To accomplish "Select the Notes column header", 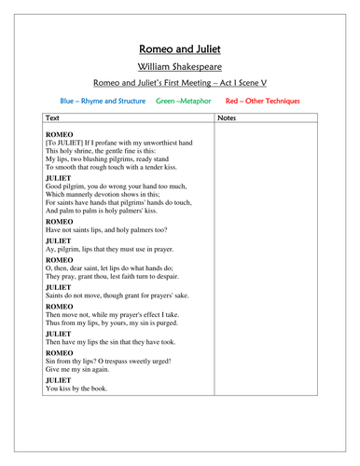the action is coord(227,118).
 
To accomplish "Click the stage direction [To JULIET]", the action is coord(65,143).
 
